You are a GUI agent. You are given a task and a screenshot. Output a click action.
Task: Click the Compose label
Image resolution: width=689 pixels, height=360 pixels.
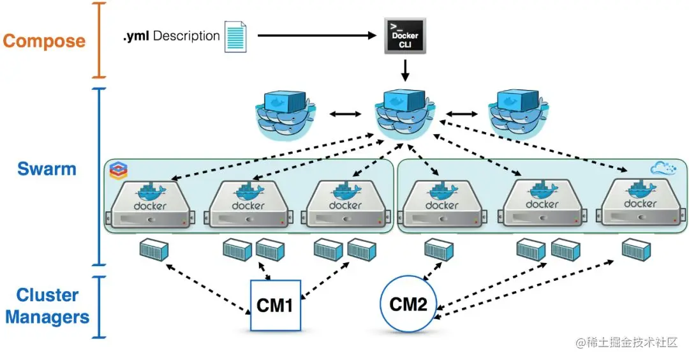[x=44, y=41]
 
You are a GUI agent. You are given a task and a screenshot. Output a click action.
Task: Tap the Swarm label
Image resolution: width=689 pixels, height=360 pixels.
[x=47, y=169]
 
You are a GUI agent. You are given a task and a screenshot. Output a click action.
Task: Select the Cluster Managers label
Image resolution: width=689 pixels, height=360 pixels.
[x=47, y=306]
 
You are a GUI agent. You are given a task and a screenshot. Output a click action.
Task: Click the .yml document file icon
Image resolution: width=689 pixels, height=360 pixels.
[x=234, y=36]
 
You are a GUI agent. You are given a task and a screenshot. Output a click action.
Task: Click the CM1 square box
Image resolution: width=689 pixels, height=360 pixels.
[x=275, y=305]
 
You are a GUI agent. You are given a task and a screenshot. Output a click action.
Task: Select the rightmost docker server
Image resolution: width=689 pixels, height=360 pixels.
[x=641, y=203]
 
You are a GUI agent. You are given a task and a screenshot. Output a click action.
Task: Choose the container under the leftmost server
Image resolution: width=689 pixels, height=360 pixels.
[x=154, y=250]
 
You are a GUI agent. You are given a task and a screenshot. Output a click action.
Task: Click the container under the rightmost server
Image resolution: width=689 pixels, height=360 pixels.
[x=637, y=249]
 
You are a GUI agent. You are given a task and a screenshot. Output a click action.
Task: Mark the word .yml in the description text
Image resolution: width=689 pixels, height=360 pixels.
[x=136, y=36]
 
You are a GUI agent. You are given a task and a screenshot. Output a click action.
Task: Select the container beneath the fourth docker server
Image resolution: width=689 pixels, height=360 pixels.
[x=439, y=250]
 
